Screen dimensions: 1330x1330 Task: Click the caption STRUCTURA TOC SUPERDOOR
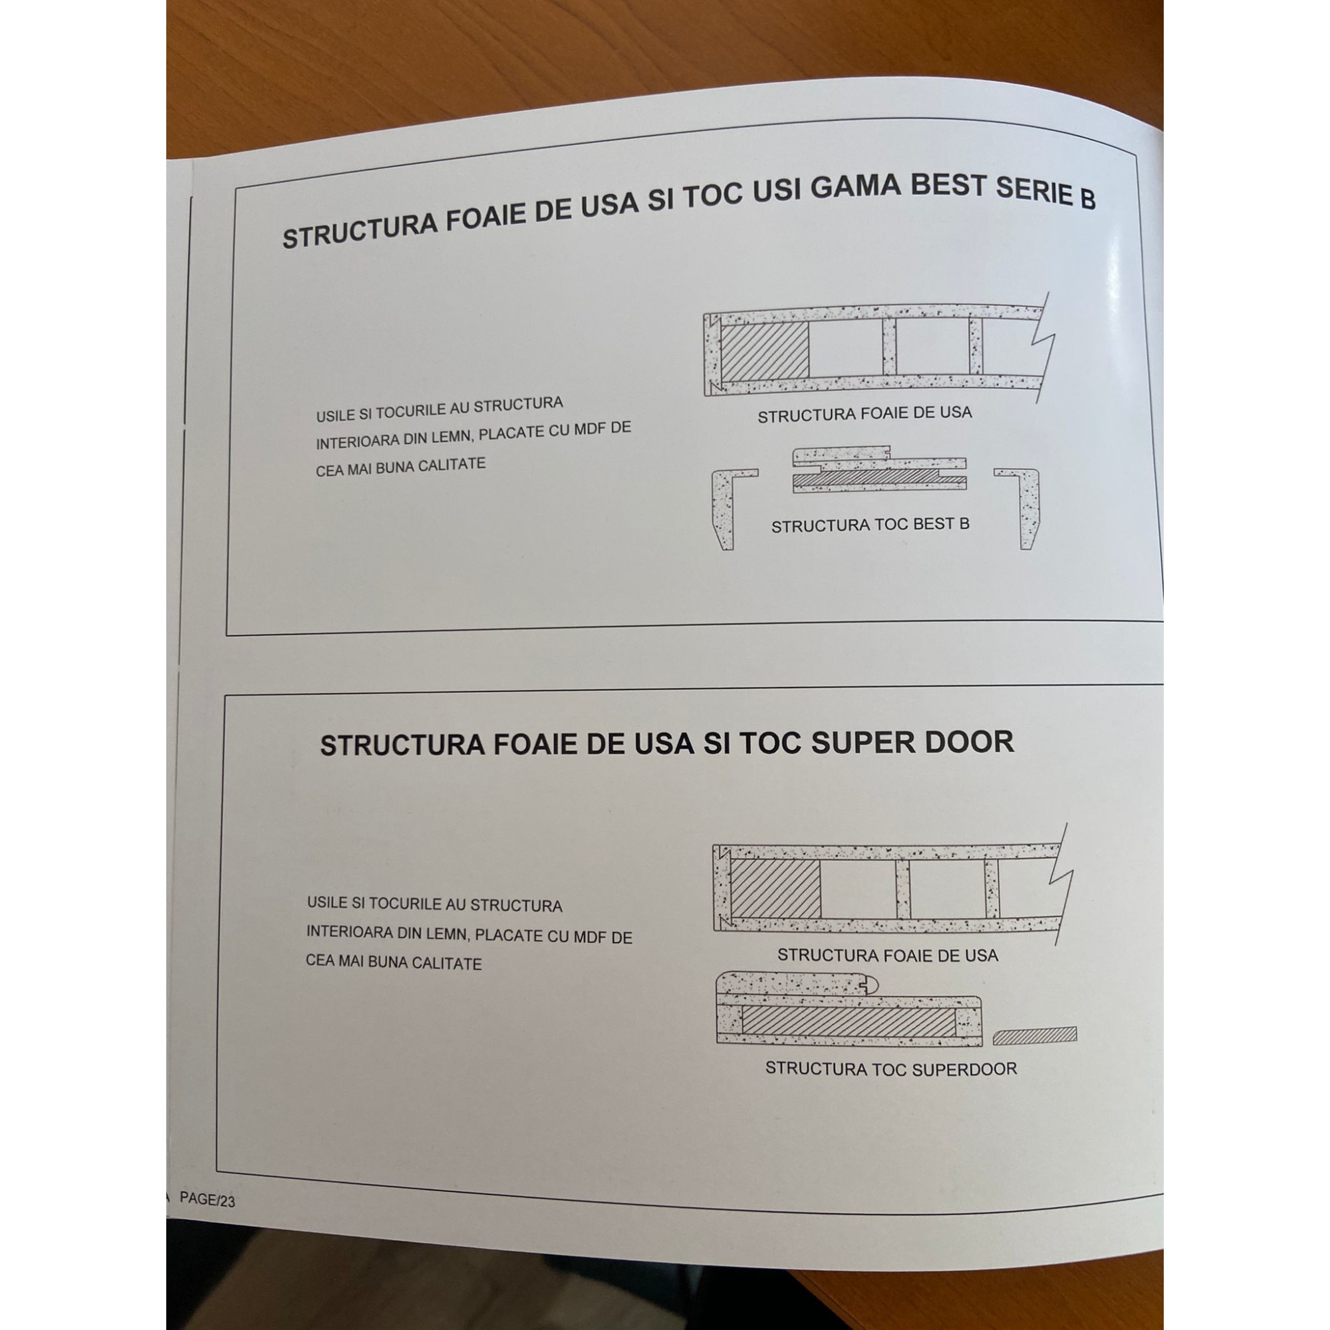point(891,1069)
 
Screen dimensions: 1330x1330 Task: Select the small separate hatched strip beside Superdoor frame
point(1035,1035)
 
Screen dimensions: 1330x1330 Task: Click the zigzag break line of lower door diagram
point(1061,876)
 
